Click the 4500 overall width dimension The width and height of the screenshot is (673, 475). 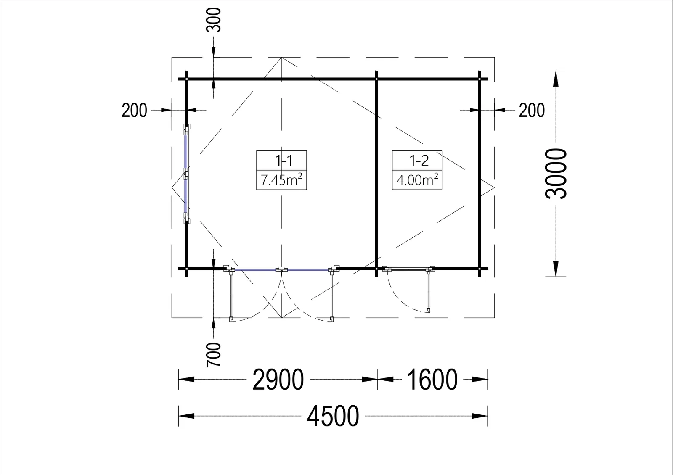[x=333, y=416]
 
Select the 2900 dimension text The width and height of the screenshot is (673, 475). [x=278, y=380]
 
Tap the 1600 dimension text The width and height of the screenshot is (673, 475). [x=432, y=380]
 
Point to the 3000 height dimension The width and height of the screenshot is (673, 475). [x=556, y=174]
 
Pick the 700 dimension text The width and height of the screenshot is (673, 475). [x=214, y=355]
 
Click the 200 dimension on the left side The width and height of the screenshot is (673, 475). [x=134, y=110]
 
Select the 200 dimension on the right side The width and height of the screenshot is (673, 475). [x=532, y=110]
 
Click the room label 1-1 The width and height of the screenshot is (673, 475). [x=284, y=161]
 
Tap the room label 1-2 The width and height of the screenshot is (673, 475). [x=419, y=161]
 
